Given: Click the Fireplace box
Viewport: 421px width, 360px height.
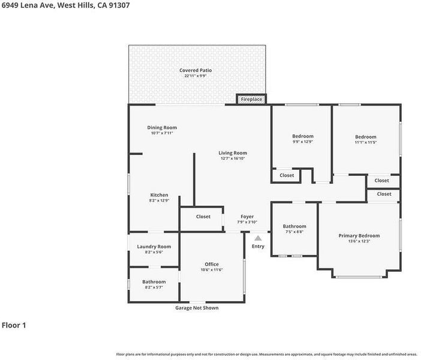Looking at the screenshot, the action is coord(251,99).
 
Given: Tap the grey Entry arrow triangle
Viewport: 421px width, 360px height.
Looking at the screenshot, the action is coord(258,238).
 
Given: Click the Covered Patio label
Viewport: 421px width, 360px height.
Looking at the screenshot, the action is coord(196,70).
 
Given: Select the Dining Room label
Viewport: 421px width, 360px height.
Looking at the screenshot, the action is coord(162,128).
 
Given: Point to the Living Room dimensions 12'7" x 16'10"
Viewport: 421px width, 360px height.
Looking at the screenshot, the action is coord(233,158).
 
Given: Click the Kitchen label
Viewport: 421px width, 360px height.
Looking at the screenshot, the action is coord(159,195).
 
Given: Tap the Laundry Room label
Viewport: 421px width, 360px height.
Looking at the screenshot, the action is coord(154,247).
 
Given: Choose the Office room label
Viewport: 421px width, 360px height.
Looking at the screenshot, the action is coord(212,265).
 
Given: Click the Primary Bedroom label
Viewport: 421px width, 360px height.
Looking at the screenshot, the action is coord(359,236).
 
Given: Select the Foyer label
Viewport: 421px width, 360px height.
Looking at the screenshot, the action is coord(247,217).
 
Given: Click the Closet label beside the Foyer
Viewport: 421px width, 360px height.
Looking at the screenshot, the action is coord(203,217).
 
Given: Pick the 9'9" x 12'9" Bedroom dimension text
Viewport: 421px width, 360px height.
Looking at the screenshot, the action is coord(303,142).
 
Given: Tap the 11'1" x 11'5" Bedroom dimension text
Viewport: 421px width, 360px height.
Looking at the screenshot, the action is coord(366,142).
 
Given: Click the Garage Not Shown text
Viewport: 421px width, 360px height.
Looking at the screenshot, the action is coord(197,308).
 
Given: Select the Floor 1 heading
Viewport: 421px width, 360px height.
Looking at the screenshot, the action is coord(14,325).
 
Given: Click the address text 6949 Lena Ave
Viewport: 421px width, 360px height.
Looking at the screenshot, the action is coord(28,5).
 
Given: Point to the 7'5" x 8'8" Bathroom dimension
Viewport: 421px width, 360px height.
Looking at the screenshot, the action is coord(294,232).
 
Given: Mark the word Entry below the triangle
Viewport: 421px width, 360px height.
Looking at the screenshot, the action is coord(258,247).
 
